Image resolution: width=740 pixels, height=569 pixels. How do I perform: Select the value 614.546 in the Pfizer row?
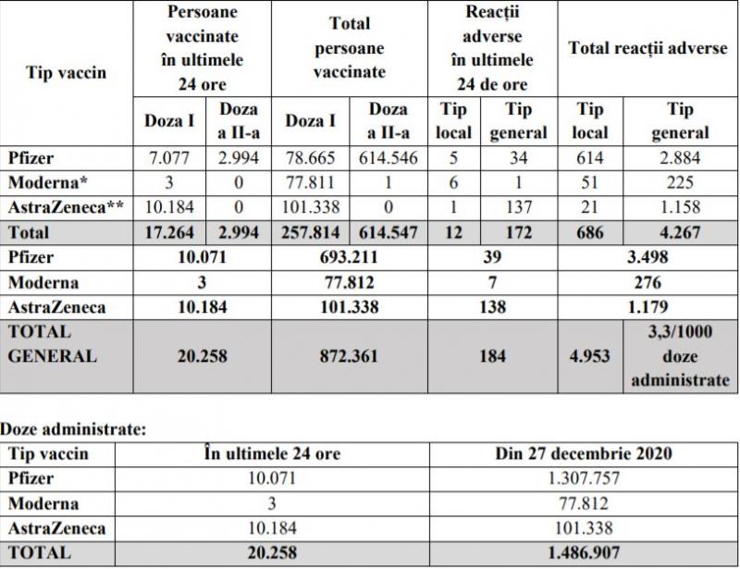pyautogui.click(x=388, y=158)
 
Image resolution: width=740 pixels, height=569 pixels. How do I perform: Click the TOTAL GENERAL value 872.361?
pyautogui.click(x=349, y=355)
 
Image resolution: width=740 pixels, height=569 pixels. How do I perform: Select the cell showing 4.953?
pyautogui.click(x=588, y=355)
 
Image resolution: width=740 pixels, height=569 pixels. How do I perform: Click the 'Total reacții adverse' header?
pyautogui.click(x=647, y=48)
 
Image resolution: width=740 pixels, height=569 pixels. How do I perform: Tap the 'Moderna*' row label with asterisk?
pyautogui.click(x=45, y=181)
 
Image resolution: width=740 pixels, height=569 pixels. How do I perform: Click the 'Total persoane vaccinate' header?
pyautogui.click(x=349, y=48)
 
